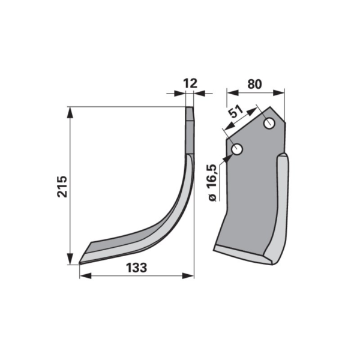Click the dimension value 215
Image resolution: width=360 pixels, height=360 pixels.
coord(62,187)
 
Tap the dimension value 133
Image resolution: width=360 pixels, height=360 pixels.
coord(137,268)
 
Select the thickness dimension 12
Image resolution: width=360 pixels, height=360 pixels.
coord(190,83)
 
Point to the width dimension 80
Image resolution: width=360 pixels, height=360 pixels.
coord(254,84)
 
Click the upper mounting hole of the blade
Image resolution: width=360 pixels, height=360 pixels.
coord(269,124)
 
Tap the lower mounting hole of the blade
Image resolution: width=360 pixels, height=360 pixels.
coord(237,149)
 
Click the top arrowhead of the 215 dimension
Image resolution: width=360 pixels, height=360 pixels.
coord(70,113)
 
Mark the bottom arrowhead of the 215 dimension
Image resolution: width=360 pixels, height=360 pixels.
coord(70,259)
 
